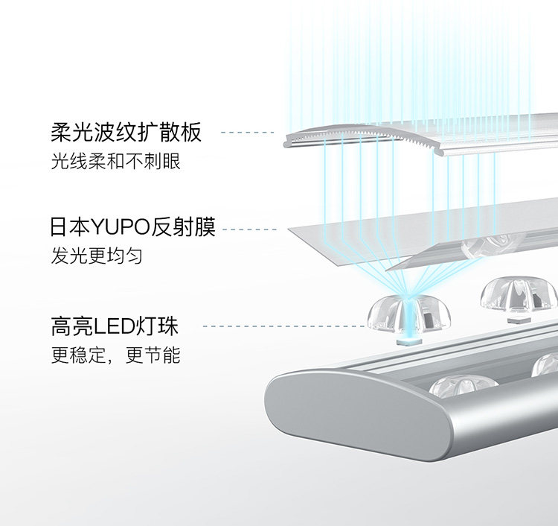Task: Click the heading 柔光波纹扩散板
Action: (126, 133)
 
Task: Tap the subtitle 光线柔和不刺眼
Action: (115, 162)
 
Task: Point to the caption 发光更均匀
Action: (97, 256)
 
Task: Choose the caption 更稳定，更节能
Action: (115, 355)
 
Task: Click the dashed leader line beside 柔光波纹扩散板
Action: (248, 133)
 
